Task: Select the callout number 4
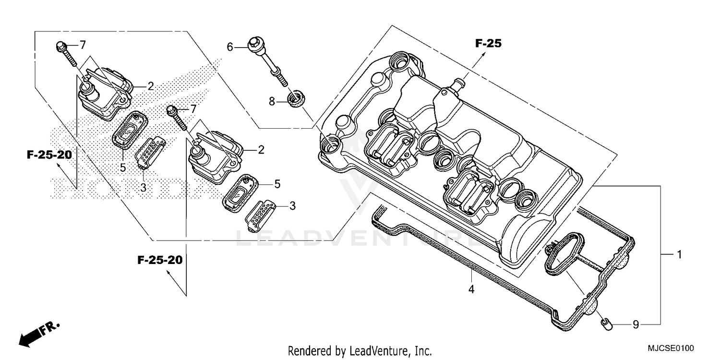pos(471,289)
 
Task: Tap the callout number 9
pos(636,325)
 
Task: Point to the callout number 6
pos(230,47)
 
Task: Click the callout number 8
pos(272,101)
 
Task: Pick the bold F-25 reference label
pos(488,44)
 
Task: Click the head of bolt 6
pos(253,43)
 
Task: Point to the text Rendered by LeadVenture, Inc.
pos(360,350)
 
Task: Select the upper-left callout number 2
pos(150,86)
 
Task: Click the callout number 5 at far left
pos(123,168)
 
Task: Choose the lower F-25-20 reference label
pos(160,260)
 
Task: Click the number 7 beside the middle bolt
pos(193,109)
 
